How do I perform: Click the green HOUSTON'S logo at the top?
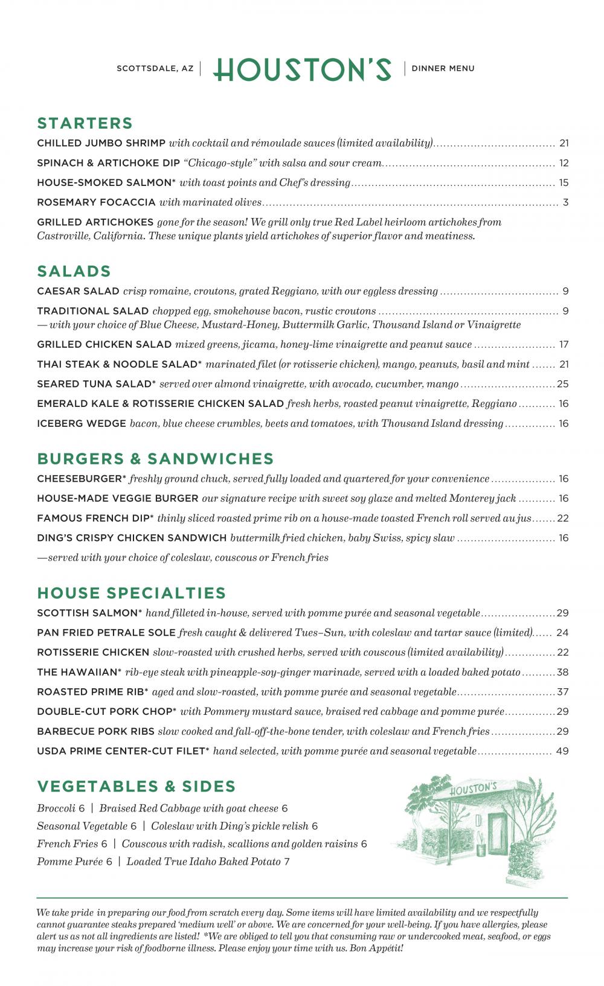click(x=302, y=69)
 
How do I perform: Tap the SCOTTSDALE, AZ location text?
click(x=155, y=69)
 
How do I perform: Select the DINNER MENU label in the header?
click(x=443, y=69)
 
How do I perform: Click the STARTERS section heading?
click(x=85, y=123)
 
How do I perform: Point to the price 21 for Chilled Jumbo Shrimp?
click(x=564, y=143)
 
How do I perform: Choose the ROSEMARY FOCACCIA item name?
click(x=96, y=202)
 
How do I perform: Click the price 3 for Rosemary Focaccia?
click(x=565, y=202)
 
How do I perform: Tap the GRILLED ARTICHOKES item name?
click(x=95, y=222)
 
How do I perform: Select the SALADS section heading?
click(x=74, y=271)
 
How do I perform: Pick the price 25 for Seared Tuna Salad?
click(x=563, y=384)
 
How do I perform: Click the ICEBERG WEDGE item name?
click(x=82, y=424)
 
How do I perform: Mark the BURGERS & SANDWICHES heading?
click(x=156, y=459)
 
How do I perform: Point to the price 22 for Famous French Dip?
click(x=563, y=519)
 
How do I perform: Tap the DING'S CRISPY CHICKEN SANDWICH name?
click(x=132, y=538)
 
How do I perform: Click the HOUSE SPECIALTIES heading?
click(x=132, y=593)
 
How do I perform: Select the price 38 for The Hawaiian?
click(x=563, y=673)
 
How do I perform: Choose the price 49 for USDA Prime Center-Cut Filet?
click(x=563, y=752)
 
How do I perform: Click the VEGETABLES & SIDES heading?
click(x=137, y=787)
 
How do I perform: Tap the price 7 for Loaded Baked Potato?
click(x=287, y=862)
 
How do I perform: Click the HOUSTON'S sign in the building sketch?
click(x=474, y=789)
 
